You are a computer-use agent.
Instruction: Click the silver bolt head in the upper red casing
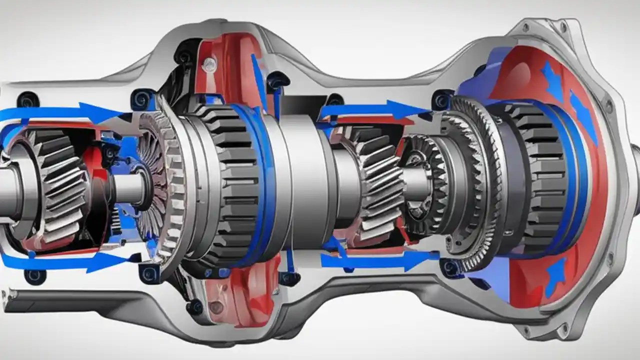[x=210, y=63]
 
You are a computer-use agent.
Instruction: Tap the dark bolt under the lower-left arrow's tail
[x=35, y=275]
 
